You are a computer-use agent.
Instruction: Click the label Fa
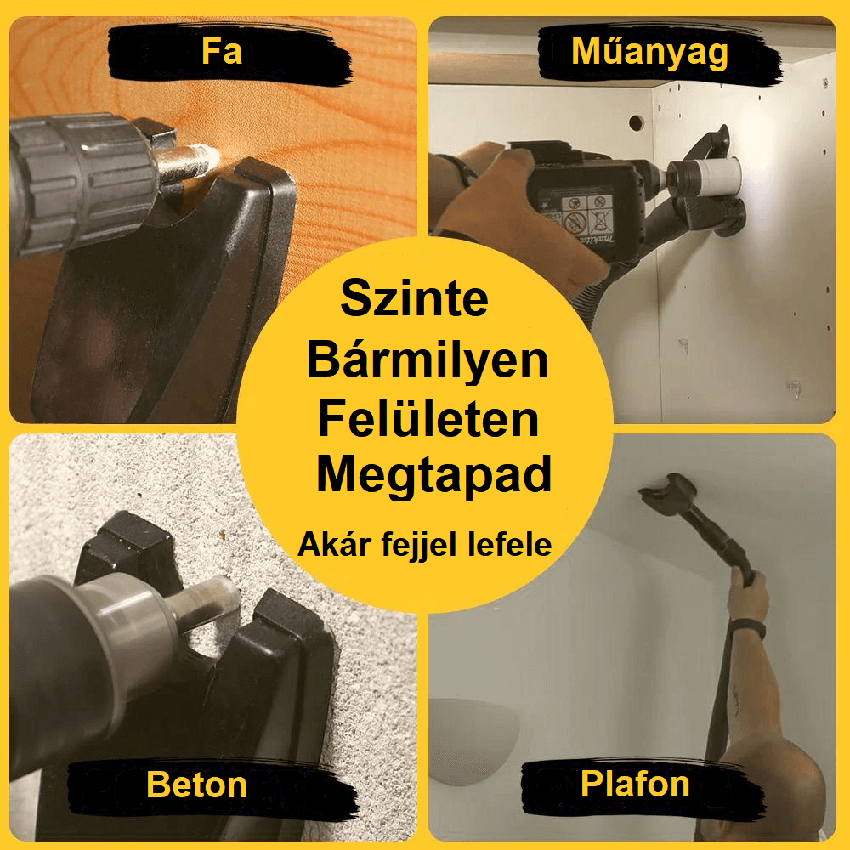(222, 52)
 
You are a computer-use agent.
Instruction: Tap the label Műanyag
(649, 53)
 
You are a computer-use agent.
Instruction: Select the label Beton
(197, 785)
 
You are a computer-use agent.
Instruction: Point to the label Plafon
(635, 784)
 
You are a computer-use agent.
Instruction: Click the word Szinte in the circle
(415, 298)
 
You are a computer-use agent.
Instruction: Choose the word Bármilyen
(428, 361)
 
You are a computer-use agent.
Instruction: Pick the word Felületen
(428, 418)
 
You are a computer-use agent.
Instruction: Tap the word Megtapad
(433, 476)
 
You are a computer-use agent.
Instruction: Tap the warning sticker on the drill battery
(586, 214)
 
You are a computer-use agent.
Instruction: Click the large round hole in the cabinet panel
(636, 123)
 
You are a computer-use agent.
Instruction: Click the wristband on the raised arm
(747, 628)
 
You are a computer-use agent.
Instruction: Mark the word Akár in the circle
(335, 544)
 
